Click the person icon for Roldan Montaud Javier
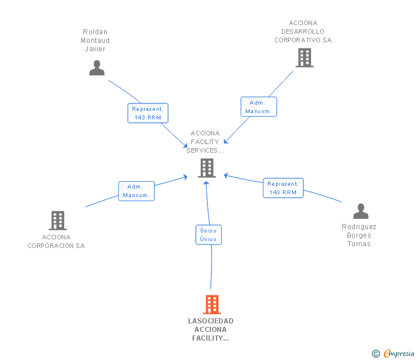(97, 68)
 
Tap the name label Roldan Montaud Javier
(95, 41)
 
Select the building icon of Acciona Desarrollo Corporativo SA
(304, 58)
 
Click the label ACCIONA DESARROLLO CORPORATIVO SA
(303, 32)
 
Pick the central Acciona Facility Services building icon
(207, 168)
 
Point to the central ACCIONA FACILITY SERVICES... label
(205, 142)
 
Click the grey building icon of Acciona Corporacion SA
(57, 220)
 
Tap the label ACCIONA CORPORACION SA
(56, 242)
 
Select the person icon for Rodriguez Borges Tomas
(361, 211)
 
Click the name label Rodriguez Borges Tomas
(359, 235)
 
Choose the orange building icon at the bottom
(212, 305)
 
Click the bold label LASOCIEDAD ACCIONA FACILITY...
(211, 330)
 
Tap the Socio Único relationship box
(209, 235)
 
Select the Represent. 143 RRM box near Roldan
(148, 113)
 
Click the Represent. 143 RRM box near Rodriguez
(283, 188)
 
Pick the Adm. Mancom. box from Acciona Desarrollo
(259, 107)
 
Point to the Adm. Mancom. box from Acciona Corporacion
(137, 191)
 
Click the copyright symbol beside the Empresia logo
(375, 354)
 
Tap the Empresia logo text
(399, 354)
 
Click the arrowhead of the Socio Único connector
(206, 183)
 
